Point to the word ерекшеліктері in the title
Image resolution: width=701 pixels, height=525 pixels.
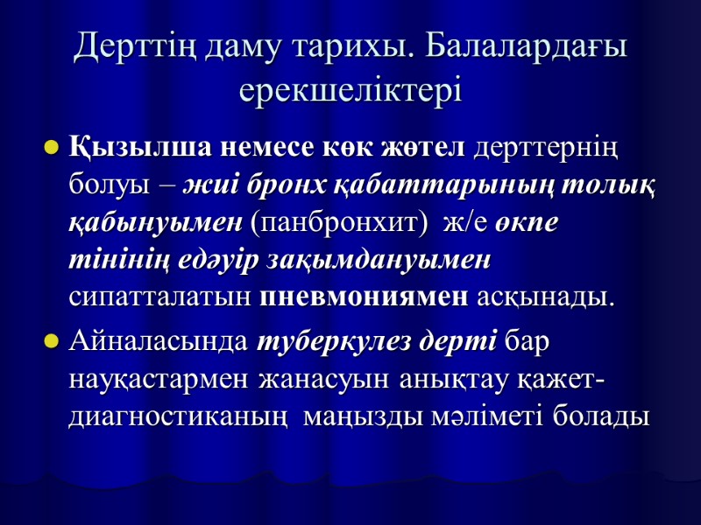click(x=350, y=89)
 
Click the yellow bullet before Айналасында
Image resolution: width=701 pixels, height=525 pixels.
click(x=51, y=342)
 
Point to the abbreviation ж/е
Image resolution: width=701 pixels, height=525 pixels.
click(x=464, y=221)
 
